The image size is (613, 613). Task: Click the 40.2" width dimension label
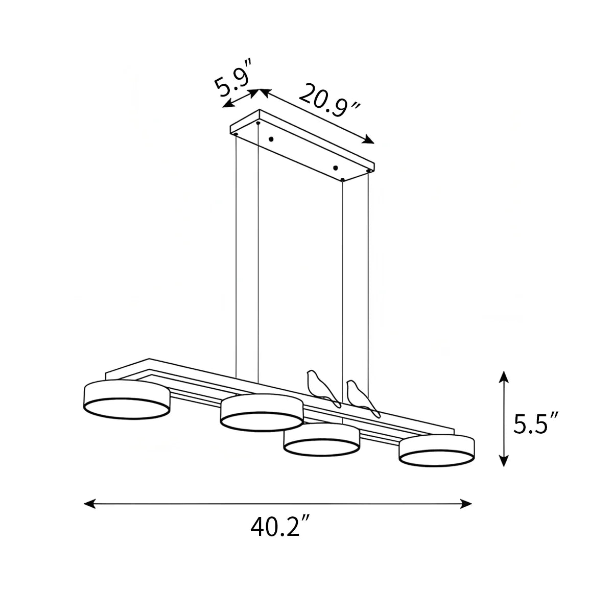pyautogui.click(x=280, y=527)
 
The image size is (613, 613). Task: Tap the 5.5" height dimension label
pyautogui.click(x=536, y=423)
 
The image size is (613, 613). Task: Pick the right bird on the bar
pyautogui.click(x=363, y=397)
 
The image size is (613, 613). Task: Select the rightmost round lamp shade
pyautogui.click(x=437, y=452)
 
